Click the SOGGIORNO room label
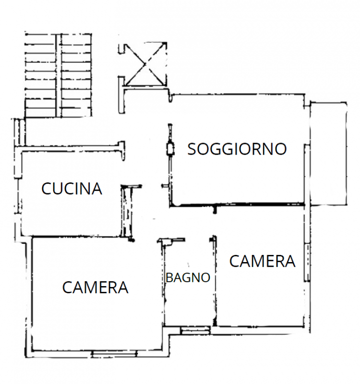[237, 149]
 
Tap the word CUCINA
[72, 189]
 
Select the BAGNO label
[188, 277]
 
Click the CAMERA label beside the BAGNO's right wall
[262, 262]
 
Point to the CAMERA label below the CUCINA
[95, 287]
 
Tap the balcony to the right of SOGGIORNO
[328, 154]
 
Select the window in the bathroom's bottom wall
[195, 330]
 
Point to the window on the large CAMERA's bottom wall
[114, 354]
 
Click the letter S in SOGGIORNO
[192, 149]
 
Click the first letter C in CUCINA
[47, 189]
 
